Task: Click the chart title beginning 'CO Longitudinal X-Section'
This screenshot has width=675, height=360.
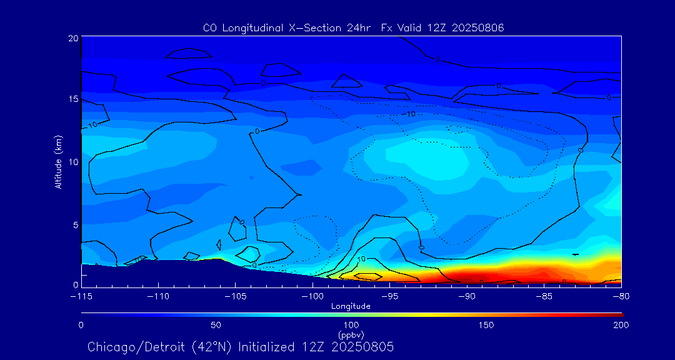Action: [354, 27]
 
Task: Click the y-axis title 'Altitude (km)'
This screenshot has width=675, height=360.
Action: [58, 161]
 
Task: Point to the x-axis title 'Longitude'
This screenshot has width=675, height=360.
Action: [351, 306]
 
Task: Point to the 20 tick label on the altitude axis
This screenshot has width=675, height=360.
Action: [72, 38]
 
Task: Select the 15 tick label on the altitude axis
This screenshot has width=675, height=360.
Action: [72, 99]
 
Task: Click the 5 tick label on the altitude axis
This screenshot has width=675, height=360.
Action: [74, 224]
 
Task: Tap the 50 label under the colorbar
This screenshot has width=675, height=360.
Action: [216, 325]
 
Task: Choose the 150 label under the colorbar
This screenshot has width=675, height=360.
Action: [486, 325]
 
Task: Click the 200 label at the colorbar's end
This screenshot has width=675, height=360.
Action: [621, 325]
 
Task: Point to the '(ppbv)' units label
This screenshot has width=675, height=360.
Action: [351, 335]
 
